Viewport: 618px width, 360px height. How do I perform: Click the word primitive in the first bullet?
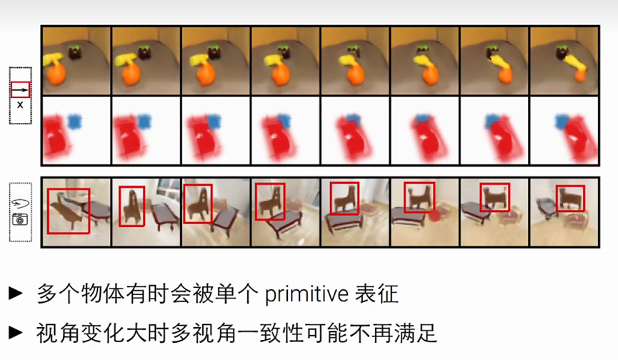(306, 294)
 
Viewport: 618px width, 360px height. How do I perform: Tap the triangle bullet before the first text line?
(16, 293)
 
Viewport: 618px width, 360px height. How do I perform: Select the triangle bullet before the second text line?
(16, 332)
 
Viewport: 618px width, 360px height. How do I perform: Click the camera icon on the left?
(20, 219)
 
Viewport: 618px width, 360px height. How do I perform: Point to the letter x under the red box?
(20, 105)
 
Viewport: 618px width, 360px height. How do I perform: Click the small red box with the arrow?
(20, 90)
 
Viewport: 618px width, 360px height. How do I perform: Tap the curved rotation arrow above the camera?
(20, 204)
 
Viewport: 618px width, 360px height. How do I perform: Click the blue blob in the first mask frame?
(74, 121)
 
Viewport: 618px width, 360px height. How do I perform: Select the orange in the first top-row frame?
(55, 75)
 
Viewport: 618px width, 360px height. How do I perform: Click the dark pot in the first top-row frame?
(75, 53)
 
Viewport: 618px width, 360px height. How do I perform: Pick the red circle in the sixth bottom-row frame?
(434, 215)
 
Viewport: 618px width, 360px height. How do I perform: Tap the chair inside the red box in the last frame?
(570, 198)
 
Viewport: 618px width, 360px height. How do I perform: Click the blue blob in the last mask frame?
(562, 121)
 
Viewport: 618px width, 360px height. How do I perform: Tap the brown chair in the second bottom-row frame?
(131, 206)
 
